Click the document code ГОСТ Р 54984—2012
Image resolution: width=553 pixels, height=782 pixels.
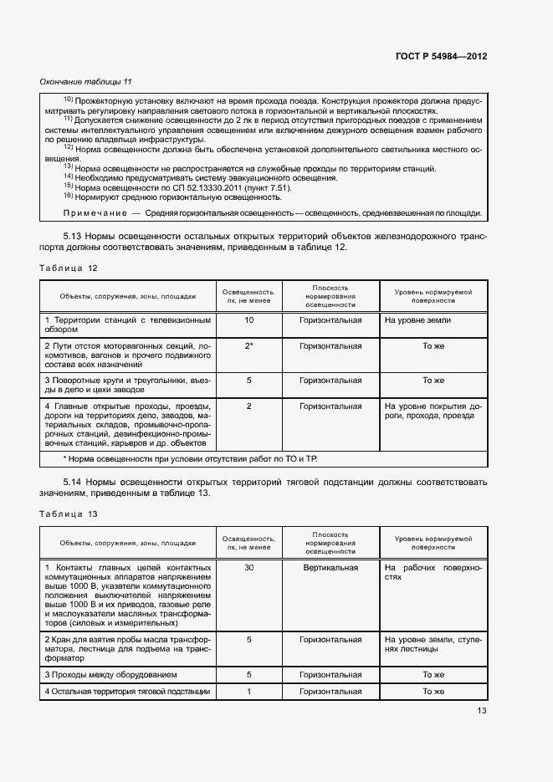coord(441,56)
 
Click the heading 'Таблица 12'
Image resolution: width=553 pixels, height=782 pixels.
coord(69,268)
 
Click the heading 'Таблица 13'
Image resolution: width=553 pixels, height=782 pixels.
coord(69,514)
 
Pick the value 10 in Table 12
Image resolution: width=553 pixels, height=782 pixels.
coord(248,320)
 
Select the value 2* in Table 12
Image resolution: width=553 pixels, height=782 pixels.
coord(248,345)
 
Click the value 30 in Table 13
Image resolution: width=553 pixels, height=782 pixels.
coord(248,567)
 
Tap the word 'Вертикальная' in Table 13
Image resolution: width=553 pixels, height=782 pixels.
coord(330,567)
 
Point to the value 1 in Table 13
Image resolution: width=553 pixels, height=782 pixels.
coord(248,692)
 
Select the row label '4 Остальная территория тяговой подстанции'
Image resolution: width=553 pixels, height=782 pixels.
coord(126,692)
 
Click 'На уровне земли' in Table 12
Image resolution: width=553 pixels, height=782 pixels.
coord(417,320)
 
